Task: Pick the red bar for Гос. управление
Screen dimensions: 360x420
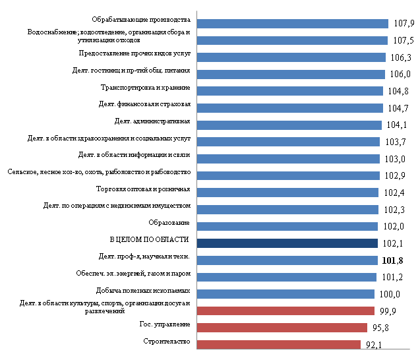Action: (282, 328)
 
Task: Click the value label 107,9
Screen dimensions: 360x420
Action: (404, 24)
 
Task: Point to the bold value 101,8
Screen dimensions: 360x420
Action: (394, 260)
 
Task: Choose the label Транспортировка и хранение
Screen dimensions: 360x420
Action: (146, 88)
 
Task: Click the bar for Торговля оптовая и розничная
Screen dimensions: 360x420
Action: (287, 193)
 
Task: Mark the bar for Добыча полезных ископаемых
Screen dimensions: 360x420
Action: (285, 294)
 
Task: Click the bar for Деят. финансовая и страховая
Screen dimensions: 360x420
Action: (289, 108)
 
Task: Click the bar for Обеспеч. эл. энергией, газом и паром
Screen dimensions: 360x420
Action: (287, 277)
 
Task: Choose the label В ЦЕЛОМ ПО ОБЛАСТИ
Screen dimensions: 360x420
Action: (149, 239)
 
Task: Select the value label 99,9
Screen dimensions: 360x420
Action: (390, 311)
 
